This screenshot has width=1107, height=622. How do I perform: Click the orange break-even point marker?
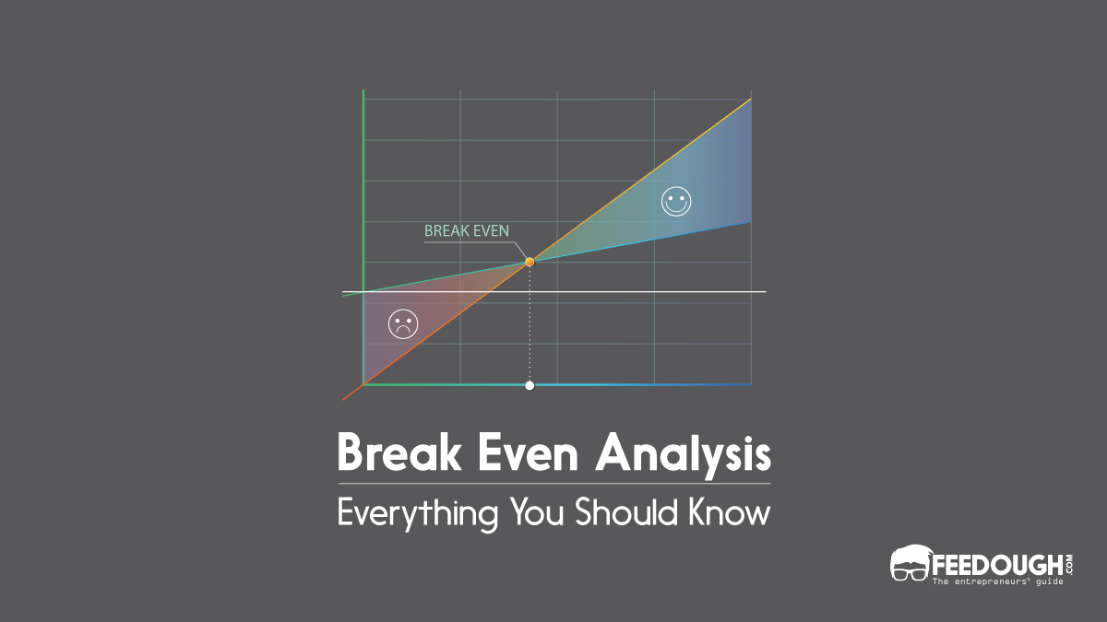click(530, 262)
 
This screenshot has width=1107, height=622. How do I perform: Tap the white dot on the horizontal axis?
click(530, 385)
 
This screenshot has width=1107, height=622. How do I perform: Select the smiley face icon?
click(676, 201)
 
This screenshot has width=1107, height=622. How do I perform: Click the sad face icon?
click(403, 323)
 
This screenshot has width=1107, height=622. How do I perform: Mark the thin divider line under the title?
click(553, 483)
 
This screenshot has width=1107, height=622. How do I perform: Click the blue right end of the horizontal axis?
click(729, 384)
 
